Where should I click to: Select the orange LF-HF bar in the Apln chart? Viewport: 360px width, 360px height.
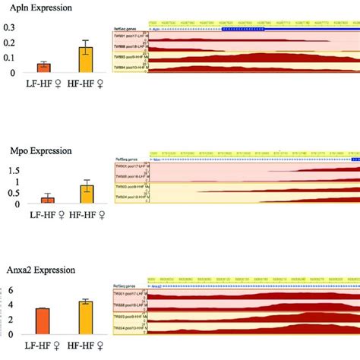[44, 68]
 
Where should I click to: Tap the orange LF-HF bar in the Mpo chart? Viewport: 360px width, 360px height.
[47, 200]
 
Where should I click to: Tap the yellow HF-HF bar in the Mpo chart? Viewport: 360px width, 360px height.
[87, 194]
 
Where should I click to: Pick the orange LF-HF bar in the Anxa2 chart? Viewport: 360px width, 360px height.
[43, 321]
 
